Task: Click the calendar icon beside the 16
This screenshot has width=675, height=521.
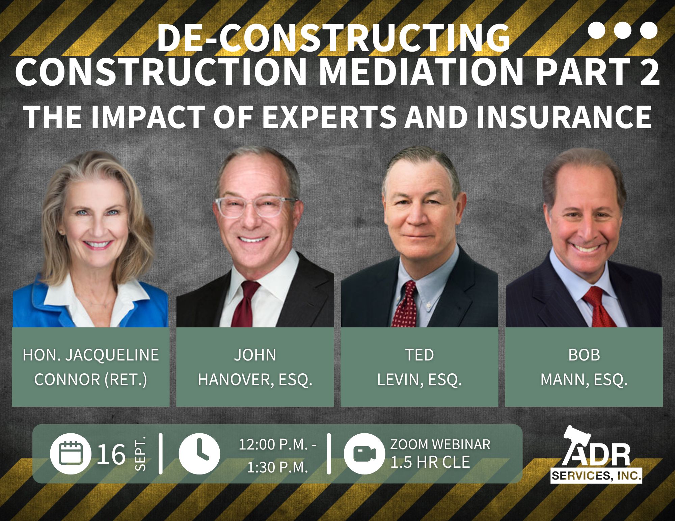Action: pos(71,454)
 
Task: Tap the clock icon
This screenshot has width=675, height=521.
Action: pos(199,454)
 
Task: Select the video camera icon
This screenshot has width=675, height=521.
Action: pos(364,454)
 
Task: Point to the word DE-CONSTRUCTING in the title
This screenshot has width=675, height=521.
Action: pos(334,38)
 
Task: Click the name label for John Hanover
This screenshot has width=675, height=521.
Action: pos(255,367)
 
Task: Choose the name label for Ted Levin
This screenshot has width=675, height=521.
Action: pos(420,367)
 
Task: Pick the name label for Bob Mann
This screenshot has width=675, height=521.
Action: pos(584,367)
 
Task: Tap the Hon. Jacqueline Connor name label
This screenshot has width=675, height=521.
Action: pos(91,367)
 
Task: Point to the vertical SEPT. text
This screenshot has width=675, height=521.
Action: pos(140,454)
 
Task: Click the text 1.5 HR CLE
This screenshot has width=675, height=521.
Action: pos(430,462)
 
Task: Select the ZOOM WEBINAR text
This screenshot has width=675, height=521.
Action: pos(440,444)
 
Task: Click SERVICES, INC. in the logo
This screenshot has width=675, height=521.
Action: pos(596,476)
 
